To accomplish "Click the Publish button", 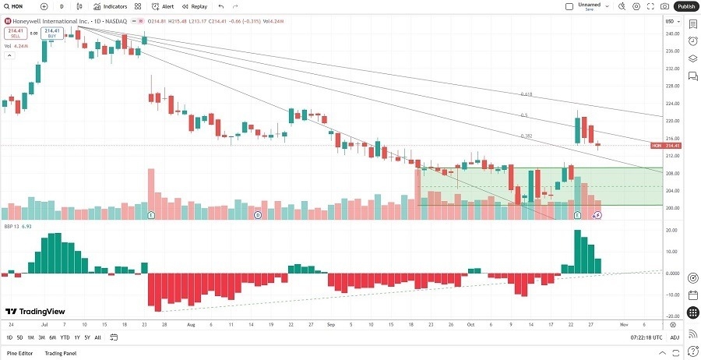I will click(x=685, y=6).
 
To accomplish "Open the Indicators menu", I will click(x=111, y=6).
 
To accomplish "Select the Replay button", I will click(x=196, y=6).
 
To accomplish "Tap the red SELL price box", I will click(x=13, y=34).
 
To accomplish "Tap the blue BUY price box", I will click(x=52, y=33).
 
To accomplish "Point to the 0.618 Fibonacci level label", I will click(x=526, y=94).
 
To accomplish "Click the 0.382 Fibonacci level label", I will click(x=526, y=136).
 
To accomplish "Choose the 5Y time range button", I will click(x=86, y=337).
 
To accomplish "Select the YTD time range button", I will click(x=65, y=337).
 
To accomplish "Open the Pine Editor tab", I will click(x=21, y=354).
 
